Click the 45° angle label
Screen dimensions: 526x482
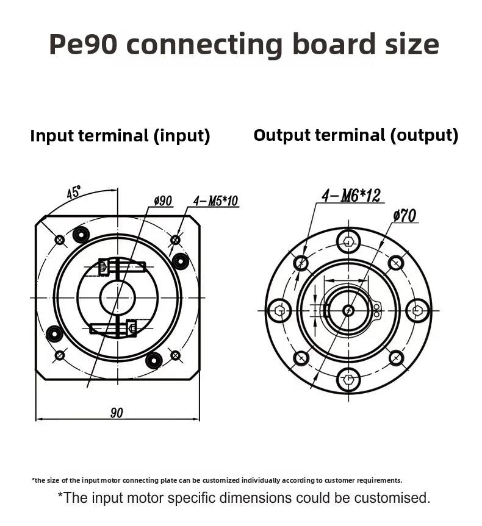(x=74, y=193)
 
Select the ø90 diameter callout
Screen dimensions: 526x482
(x=162, y=201)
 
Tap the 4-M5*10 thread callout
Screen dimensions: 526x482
(x=215, y=201)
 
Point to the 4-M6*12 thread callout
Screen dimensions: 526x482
(x=351, y=195)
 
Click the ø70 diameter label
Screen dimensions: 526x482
(x=405, y=216)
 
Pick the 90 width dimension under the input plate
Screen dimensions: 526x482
(x=117, y=413)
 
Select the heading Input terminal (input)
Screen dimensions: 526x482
(x=120, y=135)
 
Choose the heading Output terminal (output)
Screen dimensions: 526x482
(x=356, y=135)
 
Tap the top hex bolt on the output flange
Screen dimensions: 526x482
(x=348, y=241)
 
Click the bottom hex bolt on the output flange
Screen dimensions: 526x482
(x=348, y=380)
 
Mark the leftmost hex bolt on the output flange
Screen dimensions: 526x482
(x=279, y=310)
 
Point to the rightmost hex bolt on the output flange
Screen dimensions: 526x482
(x=418, y=310)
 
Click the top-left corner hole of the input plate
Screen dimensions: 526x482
(x=60, y=240)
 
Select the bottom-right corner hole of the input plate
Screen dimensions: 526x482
(x=175, y=355)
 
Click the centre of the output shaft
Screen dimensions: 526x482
(x=348, y=310)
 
